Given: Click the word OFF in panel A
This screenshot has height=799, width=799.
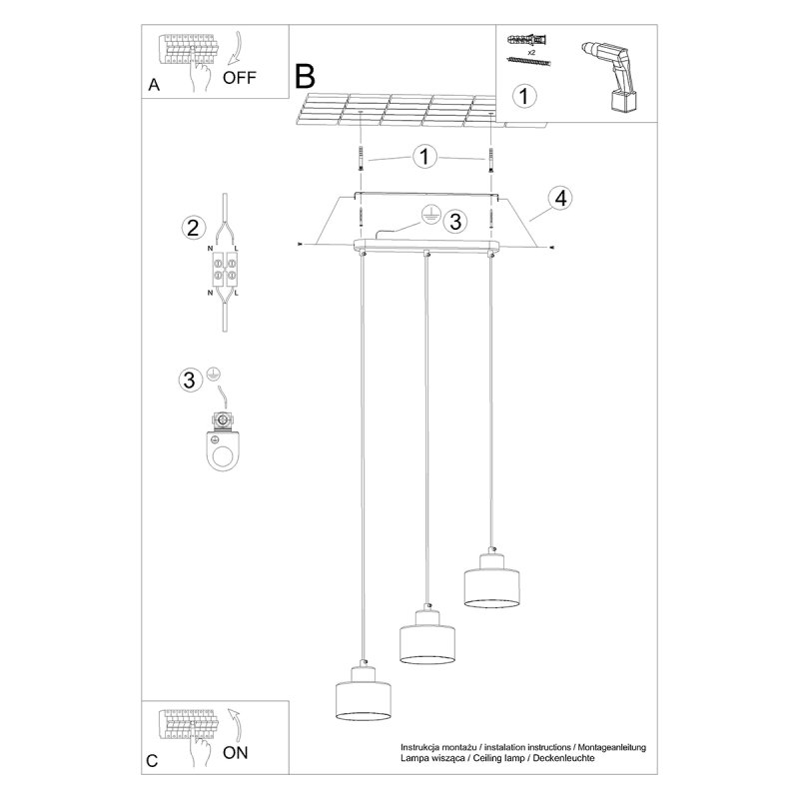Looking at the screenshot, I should click(240, 77).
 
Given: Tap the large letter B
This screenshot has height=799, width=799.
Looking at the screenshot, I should click(305, 75).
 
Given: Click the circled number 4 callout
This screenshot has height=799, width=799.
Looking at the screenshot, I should click(560, 198).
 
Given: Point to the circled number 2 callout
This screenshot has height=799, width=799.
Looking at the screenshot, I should click(195, 228).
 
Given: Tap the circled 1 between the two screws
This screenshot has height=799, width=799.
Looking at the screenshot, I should click(425, 157).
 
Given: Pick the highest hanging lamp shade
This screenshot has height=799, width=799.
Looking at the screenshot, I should click(490, 580).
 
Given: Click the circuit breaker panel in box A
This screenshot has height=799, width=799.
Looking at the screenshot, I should click(190, 50).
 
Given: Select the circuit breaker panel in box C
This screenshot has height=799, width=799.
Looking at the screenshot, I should click(190, 726).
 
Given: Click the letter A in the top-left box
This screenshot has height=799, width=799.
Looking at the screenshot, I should click(153, 85).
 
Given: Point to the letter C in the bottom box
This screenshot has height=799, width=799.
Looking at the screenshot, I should click(153, 761).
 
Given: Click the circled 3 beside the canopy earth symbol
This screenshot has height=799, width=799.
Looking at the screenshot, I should click(454, 221).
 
